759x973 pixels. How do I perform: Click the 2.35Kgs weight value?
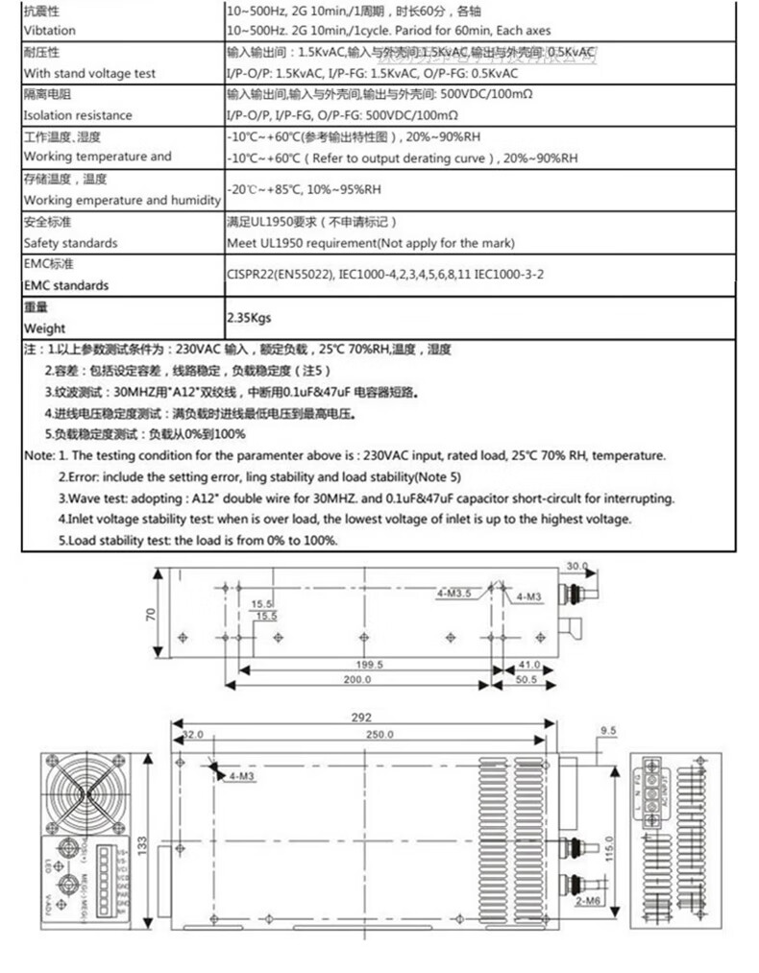pyautogui.click(x=249, y=317)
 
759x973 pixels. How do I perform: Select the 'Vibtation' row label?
pyautogui.click(x=50, y=31)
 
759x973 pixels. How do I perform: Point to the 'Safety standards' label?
pyautogui.click(x=70, y=243)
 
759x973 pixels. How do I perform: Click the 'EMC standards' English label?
pyautogui.click(x=66, y=285)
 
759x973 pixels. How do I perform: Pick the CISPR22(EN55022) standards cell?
pyautogui.click(x=385, y=274)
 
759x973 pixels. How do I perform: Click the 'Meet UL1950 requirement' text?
pyautogui.click(x=371, y=243)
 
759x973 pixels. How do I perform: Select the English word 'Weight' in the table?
pyautogui.click(x=44, y=328)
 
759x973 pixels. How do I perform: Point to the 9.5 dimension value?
pyautogui.click(x=607, y=731)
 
